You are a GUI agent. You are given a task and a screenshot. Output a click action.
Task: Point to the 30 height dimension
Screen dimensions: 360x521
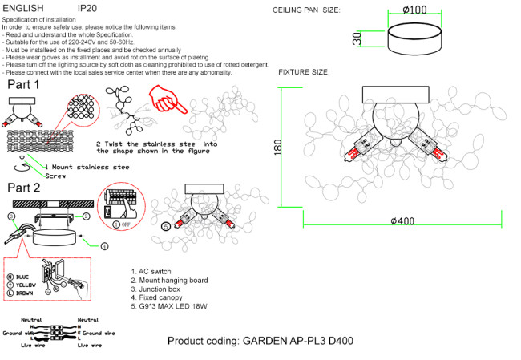point(357,38)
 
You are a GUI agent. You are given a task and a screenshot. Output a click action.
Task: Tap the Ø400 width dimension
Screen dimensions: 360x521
point(402,220)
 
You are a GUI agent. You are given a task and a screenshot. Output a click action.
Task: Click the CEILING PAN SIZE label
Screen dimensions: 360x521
point(307,10)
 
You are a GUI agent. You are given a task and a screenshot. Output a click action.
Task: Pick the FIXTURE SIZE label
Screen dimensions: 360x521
point(304,72)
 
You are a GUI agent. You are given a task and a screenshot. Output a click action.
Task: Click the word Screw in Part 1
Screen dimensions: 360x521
point(55,176)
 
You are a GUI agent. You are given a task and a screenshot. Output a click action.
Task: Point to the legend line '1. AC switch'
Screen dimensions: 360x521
point(153,273)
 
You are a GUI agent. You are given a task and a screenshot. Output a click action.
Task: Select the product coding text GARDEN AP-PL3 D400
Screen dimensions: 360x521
point(260,341)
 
